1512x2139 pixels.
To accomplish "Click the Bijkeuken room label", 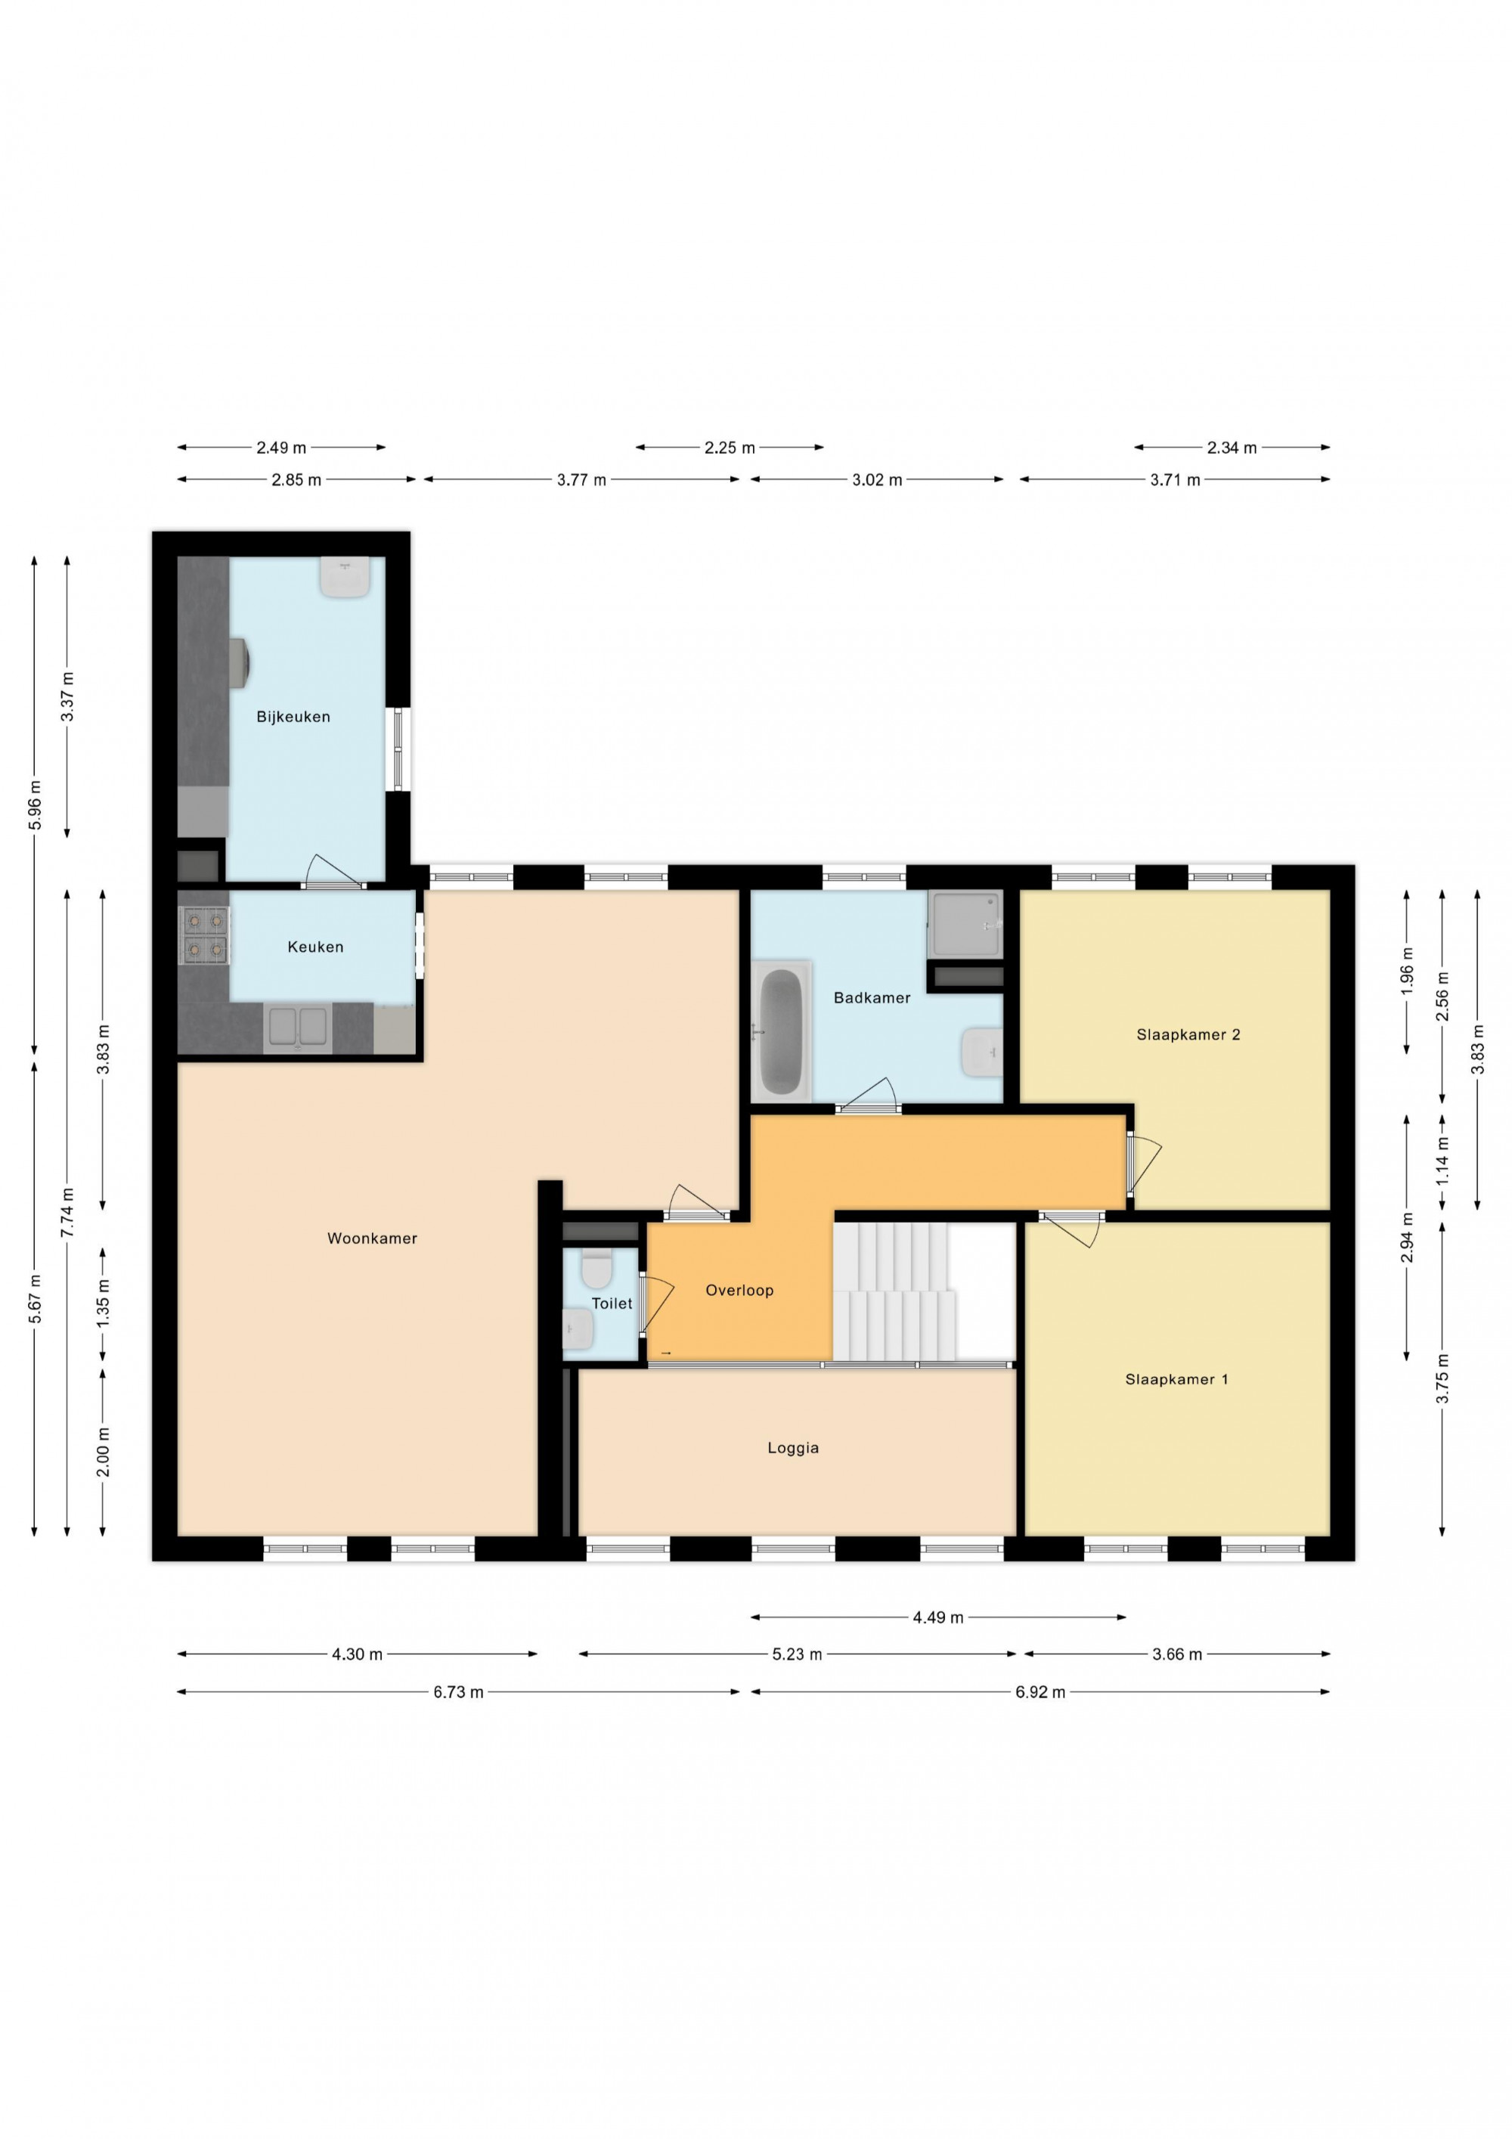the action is coord(293,717).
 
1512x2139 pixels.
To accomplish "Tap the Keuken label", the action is coord(316,947).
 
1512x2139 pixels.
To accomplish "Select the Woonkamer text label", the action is coord(373,1238).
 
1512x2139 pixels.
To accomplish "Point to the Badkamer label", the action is coord(872,998).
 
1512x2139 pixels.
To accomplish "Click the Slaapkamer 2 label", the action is coord(1188,1034).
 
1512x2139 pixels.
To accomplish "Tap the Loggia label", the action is coord(793,1448).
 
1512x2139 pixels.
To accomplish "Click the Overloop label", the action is coord(739,1291).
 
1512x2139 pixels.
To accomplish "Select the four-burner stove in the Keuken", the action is coord(205,935).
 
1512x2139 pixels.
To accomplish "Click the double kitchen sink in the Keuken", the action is coord(297,1028).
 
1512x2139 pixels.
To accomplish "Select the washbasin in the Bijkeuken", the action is coord(345,577).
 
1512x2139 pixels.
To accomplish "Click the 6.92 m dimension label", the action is coord(1039,1692).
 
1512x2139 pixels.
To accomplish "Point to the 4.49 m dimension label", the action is coord(938,1617).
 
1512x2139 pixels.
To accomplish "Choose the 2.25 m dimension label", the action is coord(730,448).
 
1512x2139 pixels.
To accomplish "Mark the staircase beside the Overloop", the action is coord(894,1292).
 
